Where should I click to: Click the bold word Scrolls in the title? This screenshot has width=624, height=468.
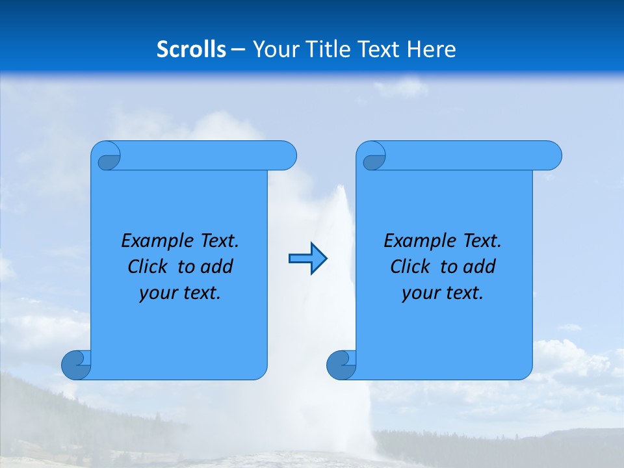pos(192,49)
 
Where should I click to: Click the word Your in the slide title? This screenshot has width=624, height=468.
pos(274,49)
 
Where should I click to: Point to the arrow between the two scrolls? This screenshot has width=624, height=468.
pos(307,259)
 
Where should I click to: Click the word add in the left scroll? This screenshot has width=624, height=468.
pos(217,267)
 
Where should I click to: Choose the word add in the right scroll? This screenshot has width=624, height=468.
pos(480,267)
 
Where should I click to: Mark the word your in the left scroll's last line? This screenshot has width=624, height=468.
pos(157,294)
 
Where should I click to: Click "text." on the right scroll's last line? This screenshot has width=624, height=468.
pos(465,293)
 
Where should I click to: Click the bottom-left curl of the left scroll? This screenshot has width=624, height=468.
pos(76,364)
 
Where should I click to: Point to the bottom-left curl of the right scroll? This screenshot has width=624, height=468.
pos(341,364)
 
